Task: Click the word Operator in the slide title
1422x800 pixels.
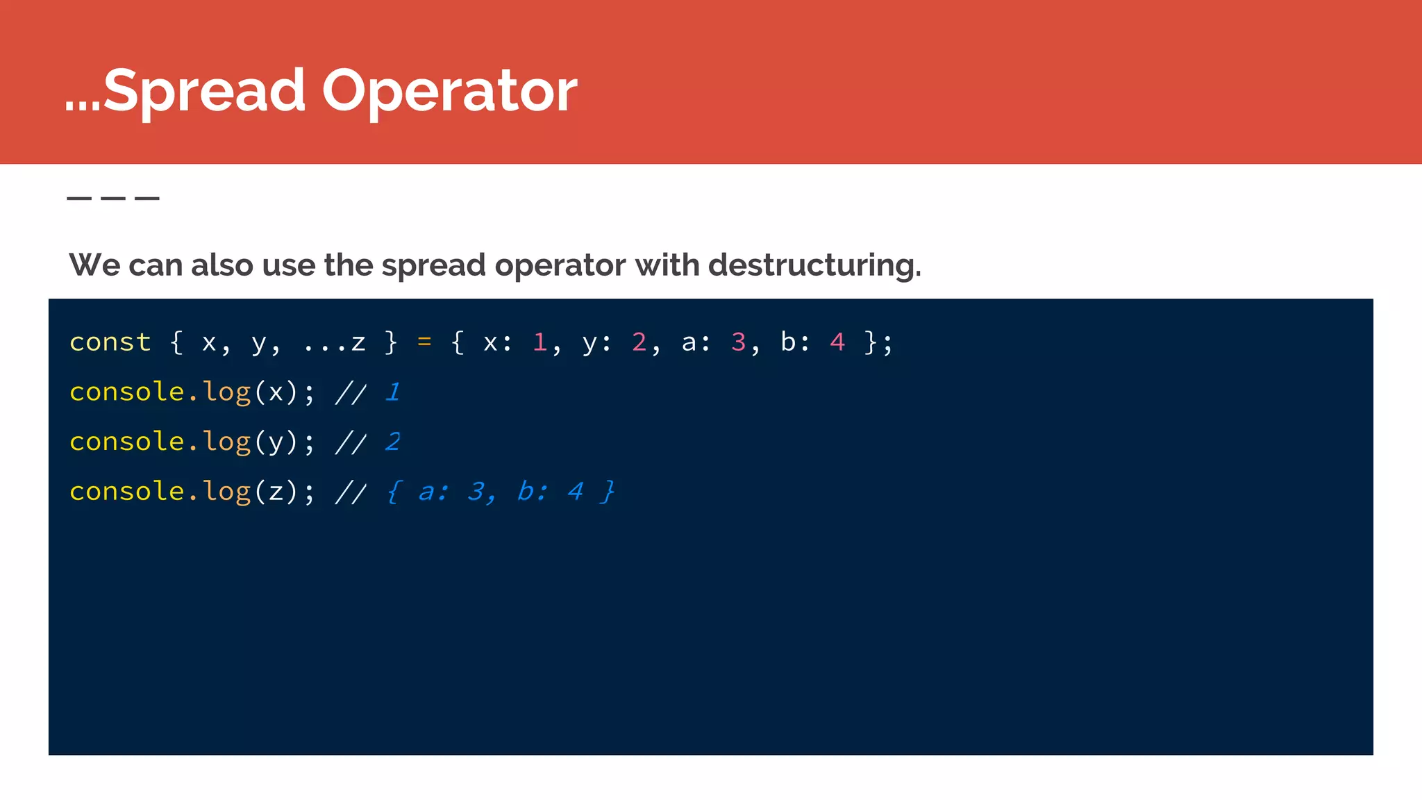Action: tap(449, 91)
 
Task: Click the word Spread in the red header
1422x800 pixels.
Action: tap(203, 91)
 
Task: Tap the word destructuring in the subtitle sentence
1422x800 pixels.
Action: tap(814, 265)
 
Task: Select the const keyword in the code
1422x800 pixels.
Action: tap(110, 342)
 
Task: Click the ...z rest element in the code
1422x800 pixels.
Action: tap(335, 342)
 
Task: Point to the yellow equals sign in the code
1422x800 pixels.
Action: tap(424, 342)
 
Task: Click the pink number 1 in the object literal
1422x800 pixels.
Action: tap(539, 342)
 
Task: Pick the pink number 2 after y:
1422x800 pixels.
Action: tap(639, 342)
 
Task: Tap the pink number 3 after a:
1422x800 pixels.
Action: tap(738, 342)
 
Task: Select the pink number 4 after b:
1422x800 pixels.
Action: tap(837, 342)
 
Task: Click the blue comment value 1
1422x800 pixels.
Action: tap(393, 392)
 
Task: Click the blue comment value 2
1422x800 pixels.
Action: tap(393, 442)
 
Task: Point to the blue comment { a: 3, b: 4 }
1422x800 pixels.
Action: tap(501, 492)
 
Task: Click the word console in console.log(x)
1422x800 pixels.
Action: tap(126, 392)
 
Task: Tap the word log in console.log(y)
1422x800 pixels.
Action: tap(226, 442)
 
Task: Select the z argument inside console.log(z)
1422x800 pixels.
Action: tap(276, 492)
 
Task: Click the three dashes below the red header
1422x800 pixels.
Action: tap(113, 199)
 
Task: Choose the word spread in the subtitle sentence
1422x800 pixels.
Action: tap(433, 265)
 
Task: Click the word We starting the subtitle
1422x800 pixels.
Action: tap(94, 265)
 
